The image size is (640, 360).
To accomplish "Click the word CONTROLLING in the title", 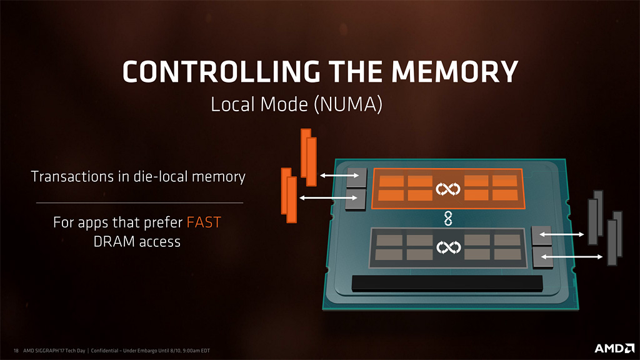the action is point(221,72).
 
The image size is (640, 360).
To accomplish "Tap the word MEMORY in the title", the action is point(455,72).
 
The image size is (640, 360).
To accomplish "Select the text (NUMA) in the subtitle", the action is point(348,104).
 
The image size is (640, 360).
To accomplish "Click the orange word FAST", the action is point(204,222).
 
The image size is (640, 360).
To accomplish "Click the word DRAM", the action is point(114,242).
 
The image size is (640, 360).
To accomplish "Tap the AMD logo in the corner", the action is point(614,348).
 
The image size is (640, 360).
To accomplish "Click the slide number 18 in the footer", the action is point(16,351).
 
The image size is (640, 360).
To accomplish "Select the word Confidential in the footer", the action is point(104,351).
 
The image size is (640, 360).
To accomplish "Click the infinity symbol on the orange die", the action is point(447,189).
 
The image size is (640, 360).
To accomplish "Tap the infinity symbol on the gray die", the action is point(448,247).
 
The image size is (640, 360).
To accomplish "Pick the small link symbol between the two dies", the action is point(448,218).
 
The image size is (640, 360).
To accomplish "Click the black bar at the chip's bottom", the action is point(447,283).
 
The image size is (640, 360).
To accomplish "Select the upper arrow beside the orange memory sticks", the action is point(339,176).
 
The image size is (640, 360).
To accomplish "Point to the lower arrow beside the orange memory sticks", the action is point(329,198).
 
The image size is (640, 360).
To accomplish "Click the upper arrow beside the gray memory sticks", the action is point(562,234).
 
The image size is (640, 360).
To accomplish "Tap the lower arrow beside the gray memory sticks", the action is point(572,257).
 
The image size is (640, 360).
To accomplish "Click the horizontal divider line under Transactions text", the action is point(139,202).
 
